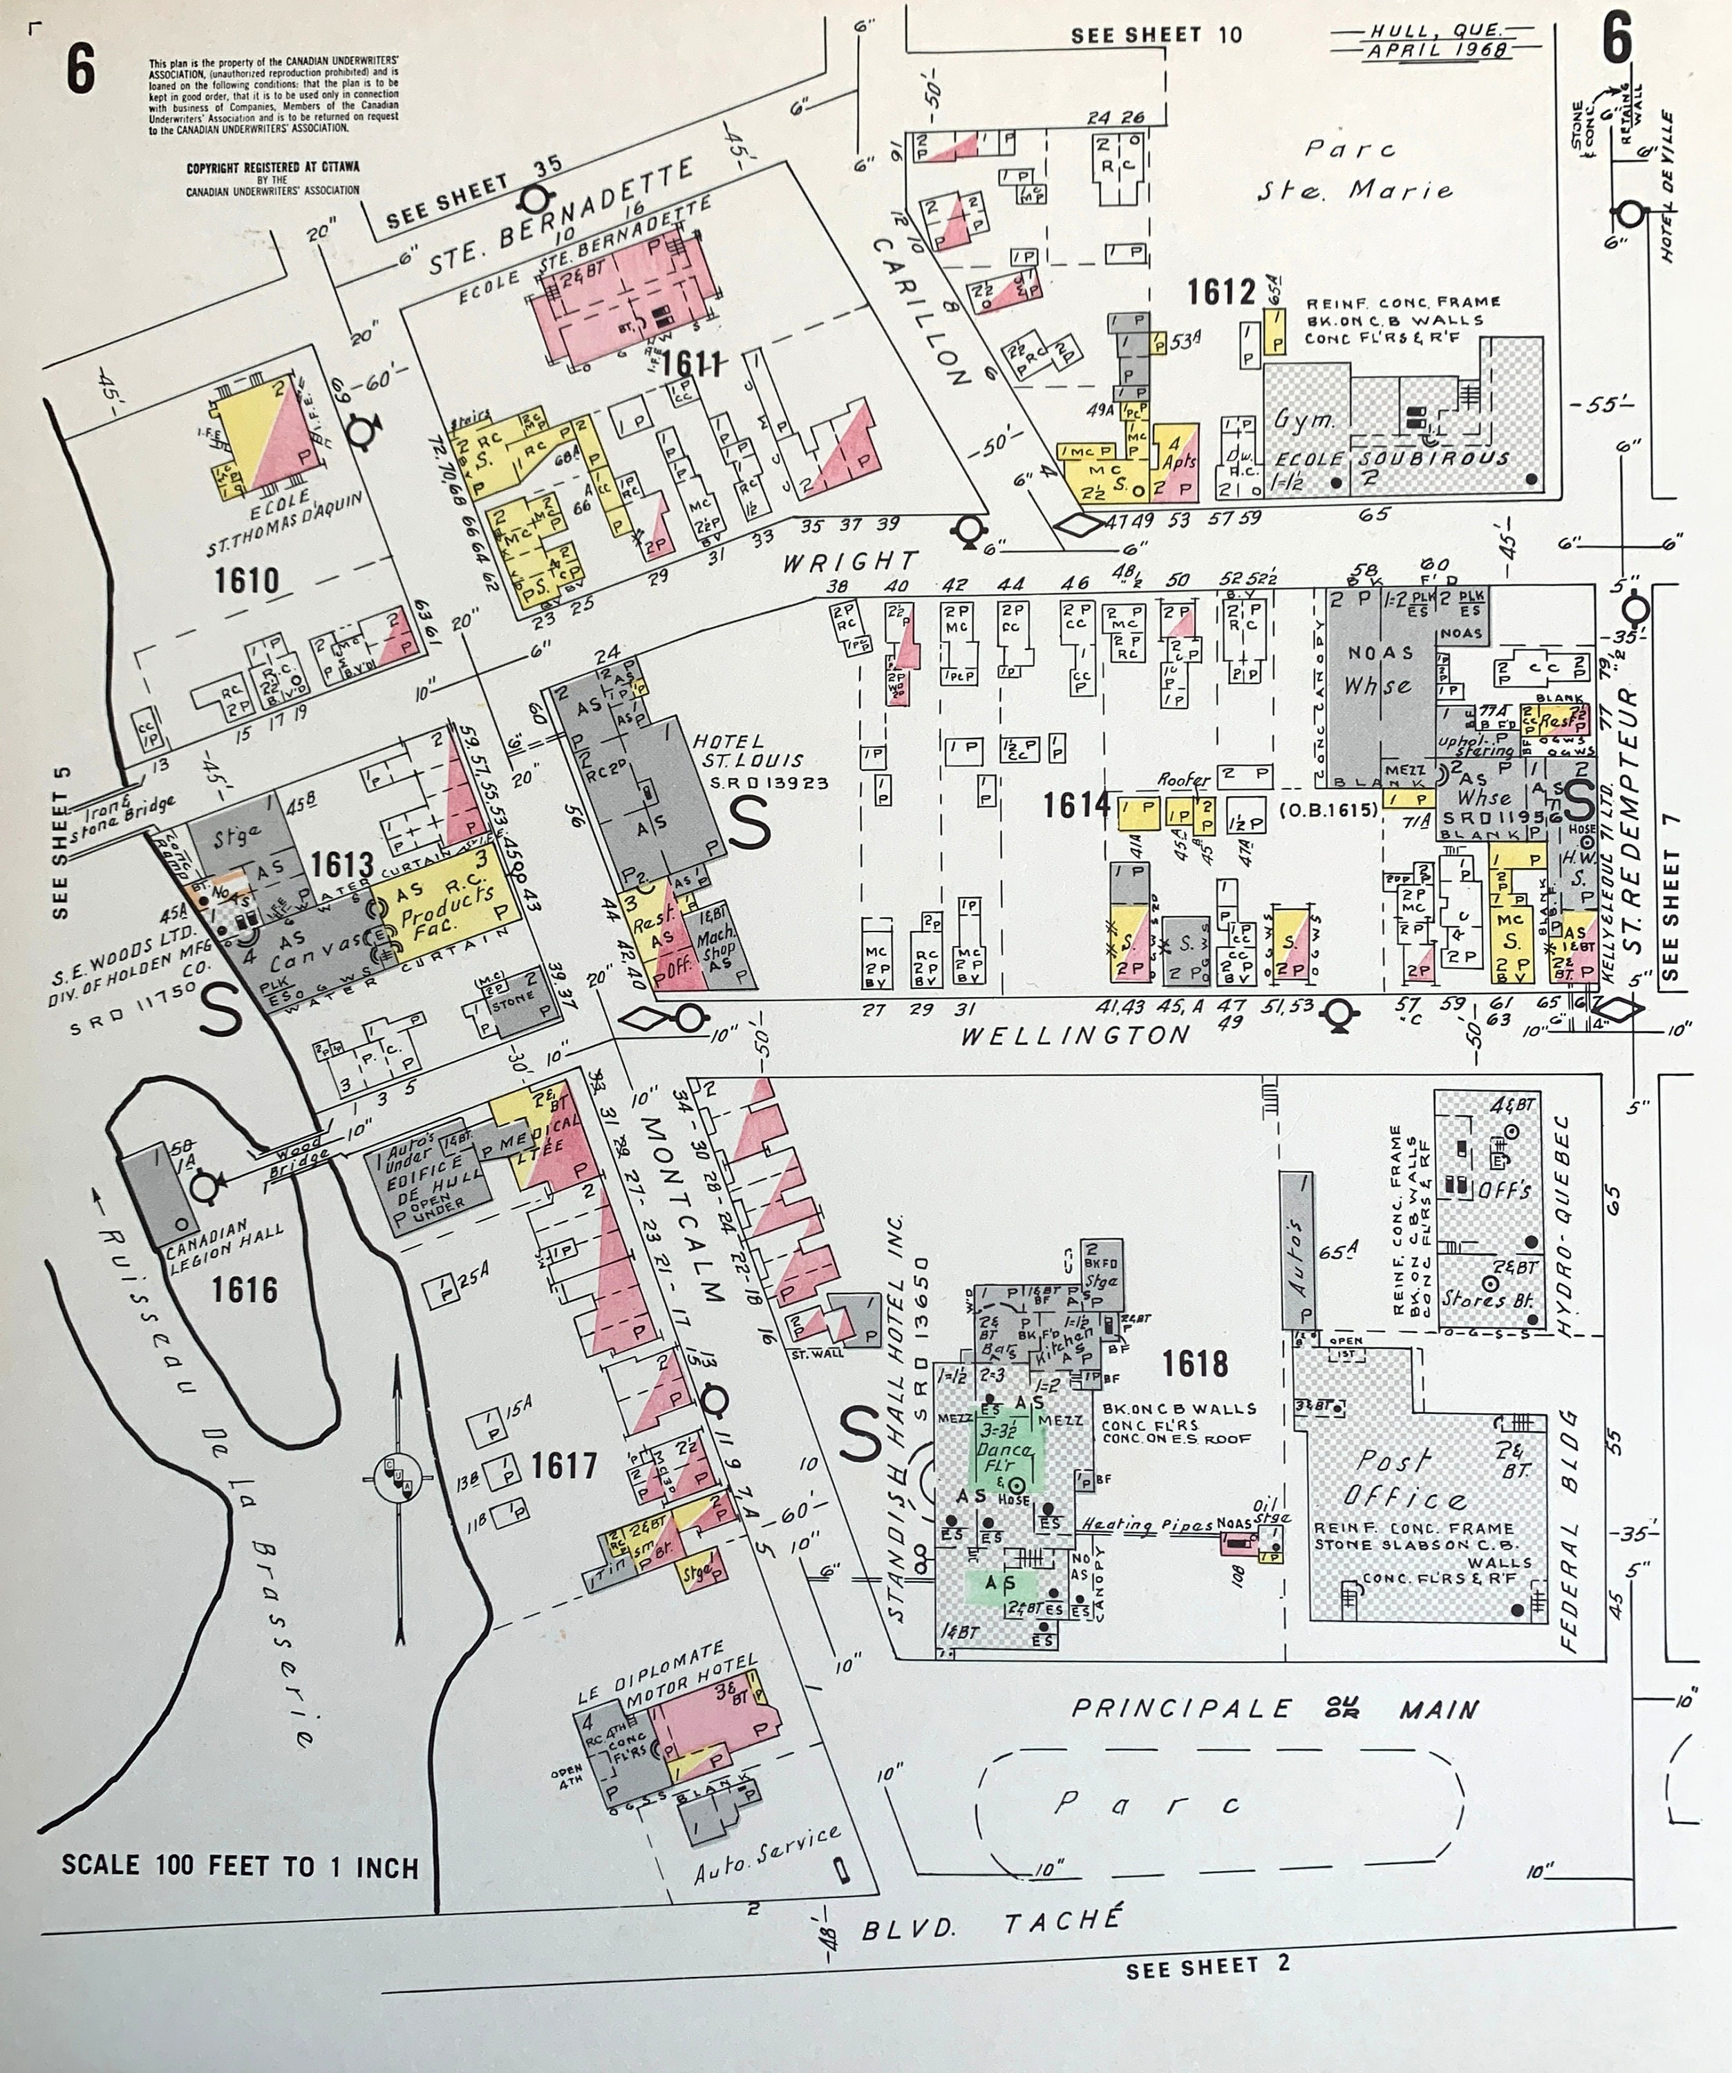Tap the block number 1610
coord(247,580)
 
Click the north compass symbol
coord(401,1481)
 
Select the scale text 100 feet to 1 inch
coord(240,1866)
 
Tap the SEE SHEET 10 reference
coord(1156,35)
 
